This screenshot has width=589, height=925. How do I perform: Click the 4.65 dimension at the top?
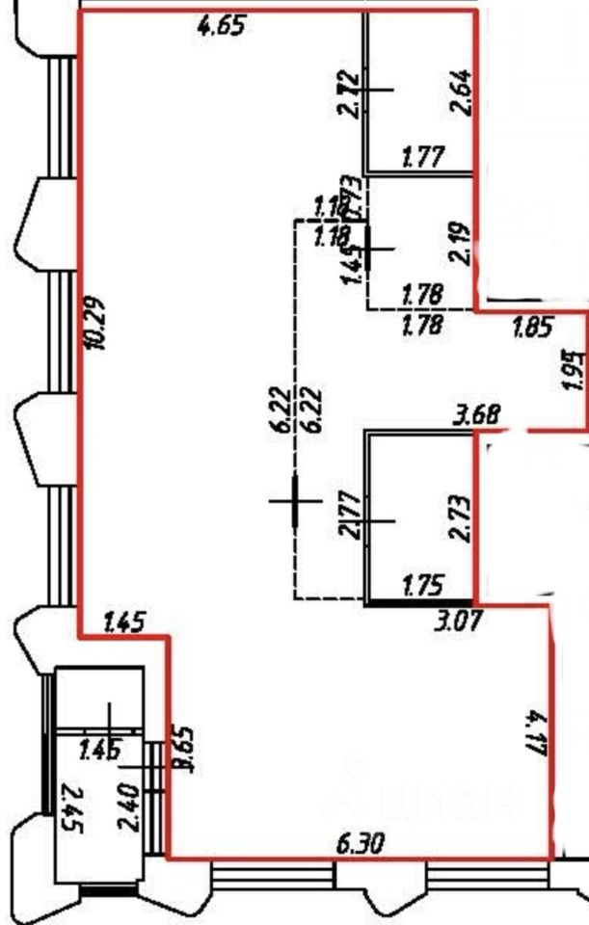(x=220, y=26)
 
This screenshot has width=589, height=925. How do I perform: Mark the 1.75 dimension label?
(x=421, y=584)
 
